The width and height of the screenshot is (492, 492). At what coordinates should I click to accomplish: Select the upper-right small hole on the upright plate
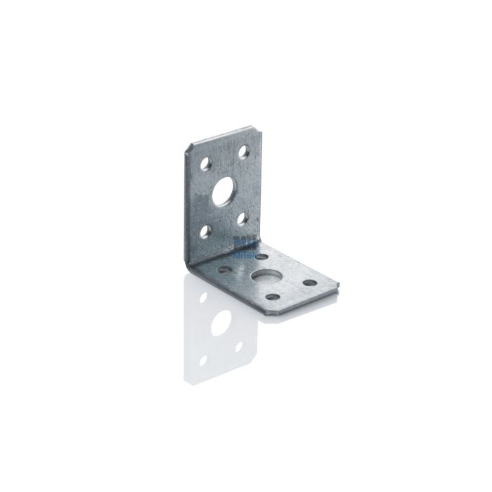tap(244, 150)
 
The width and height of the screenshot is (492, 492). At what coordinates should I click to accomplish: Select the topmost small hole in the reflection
tap(203, 297)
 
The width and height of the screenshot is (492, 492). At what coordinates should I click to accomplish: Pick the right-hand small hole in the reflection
tap(240, 347)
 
